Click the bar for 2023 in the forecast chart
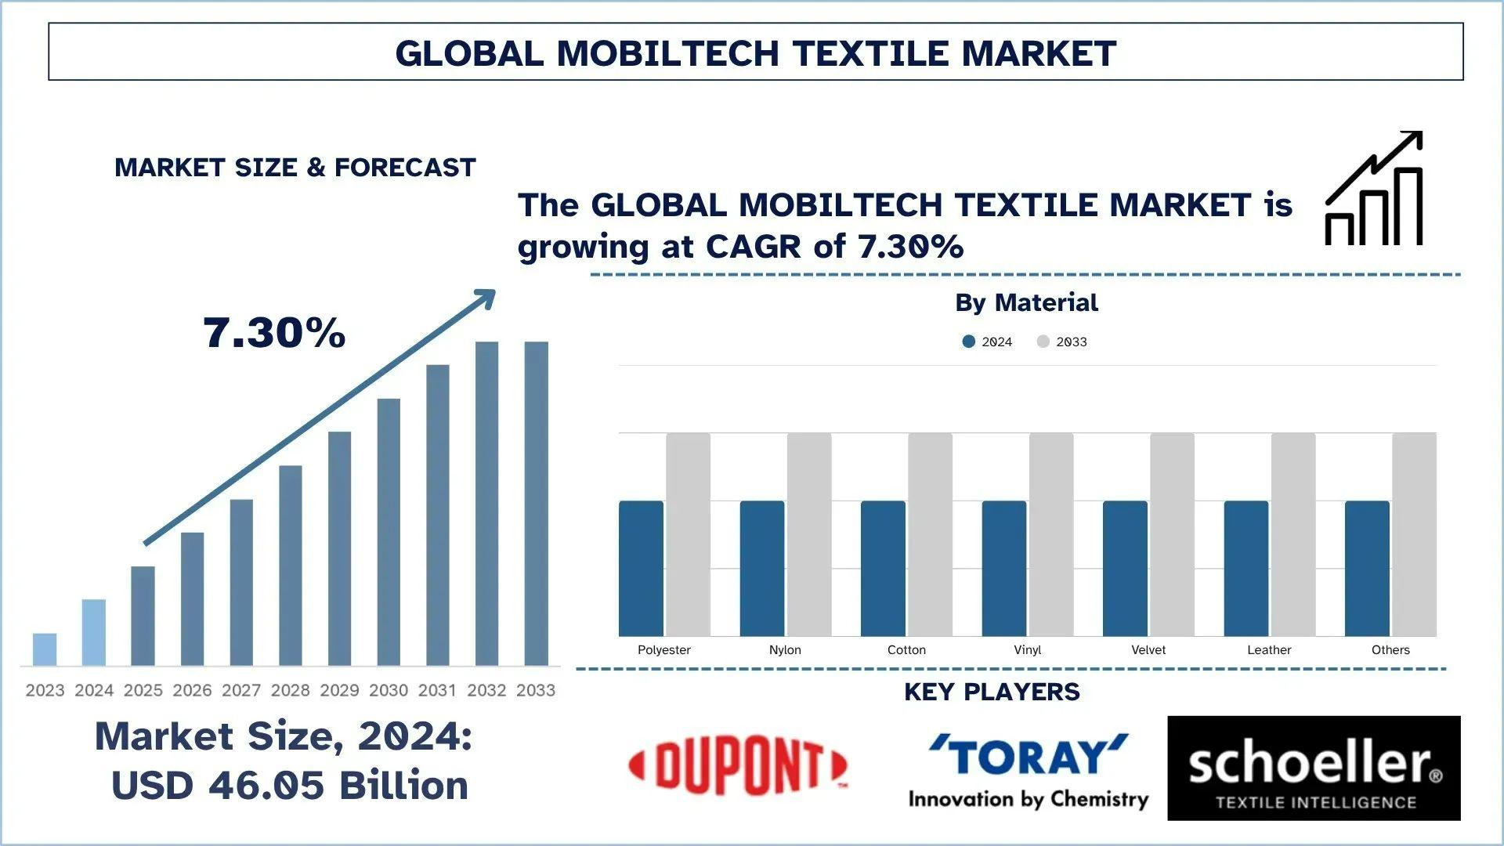45,649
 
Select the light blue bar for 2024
94,632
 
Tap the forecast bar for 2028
291,566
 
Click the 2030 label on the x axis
389,690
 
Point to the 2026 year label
192,690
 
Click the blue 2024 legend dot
969,342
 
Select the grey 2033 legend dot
1043,342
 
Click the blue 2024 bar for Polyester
641,569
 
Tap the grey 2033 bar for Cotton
931,534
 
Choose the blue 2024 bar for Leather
1246,569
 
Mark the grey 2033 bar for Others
1415,534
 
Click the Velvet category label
1148,650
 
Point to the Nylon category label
785,650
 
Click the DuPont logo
738,766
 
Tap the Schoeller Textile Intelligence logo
1314,768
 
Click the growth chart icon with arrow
1374,189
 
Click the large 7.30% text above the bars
274,333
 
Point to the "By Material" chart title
1026,302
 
